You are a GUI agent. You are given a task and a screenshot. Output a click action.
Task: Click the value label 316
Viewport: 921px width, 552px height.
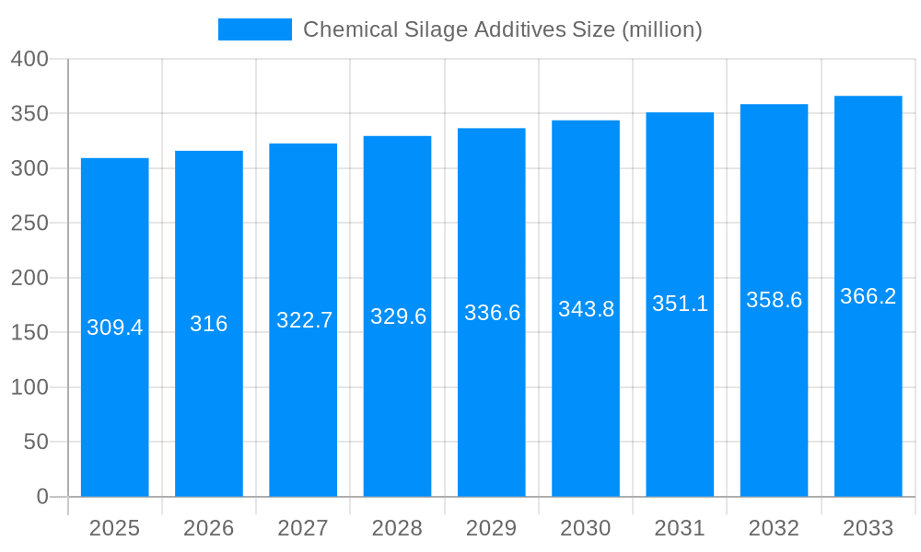tap(209, 324)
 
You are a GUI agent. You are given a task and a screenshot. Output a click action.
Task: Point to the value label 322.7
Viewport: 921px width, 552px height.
tap(304, 320)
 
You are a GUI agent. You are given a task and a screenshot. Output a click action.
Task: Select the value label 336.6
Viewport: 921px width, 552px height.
tap(492, 313)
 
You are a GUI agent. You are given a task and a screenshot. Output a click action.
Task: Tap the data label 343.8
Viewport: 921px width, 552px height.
tap(586, 309)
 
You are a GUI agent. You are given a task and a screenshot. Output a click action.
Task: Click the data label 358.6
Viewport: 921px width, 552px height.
tap(774, 300)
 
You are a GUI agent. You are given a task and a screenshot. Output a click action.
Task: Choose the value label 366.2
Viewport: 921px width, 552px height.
tap(868, 296)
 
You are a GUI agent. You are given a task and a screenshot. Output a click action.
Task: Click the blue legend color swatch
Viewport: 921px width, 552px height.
tap(254, 29)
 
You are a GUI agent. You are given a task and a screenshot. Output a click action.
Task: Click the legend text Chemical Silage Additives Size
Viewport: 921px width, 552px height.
tap(502, 29)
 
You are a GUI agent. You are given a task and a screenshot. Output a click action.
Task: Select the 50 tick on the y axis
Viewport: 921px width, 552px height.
tap(35, 442)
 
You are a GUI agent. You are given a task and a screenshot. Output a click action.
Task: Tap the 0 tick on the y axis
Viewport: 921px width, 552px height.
tap(41, 497)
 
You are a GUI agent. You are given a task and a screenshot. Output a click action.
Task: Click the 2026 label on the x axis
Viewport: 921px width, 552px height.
tap(209, 528)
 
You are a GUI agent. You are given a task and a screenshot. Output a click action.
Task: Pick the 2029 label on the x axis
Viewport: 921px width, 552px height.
tap(492, 528)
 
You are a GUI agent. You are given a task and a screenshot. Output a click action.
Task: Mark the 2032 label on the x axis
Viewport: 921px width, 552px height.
tap(774, 528)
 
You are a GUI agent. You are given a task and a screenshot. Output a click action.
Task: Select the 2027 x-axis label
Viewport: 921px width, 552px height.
tap(303, 528)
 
